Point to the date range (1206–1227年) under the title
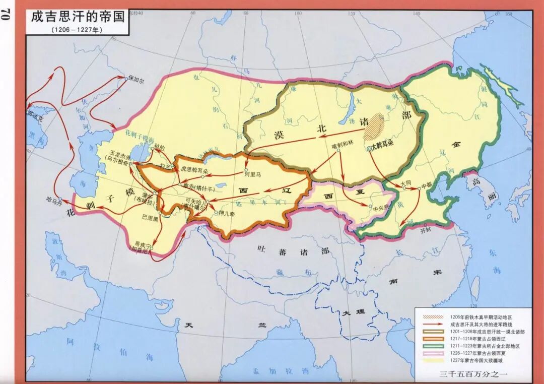pyautogui.click(x=76, y=29)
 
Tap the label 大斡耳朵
pyautogui.click(x=385, y=149)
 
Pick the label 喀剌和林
pyautogui.click(x=344, y=144)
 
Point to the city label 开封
pyautogui.click(x=426, y=231)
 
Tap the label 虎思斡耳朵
pyautogui.click(x=193, y=170)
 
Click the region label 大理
pyautogui.click(x=352, y=313)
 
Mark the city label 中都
pyautogui.click(x=427, y=185)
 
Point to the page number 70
pyautogui.click(x=8, y=15)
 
